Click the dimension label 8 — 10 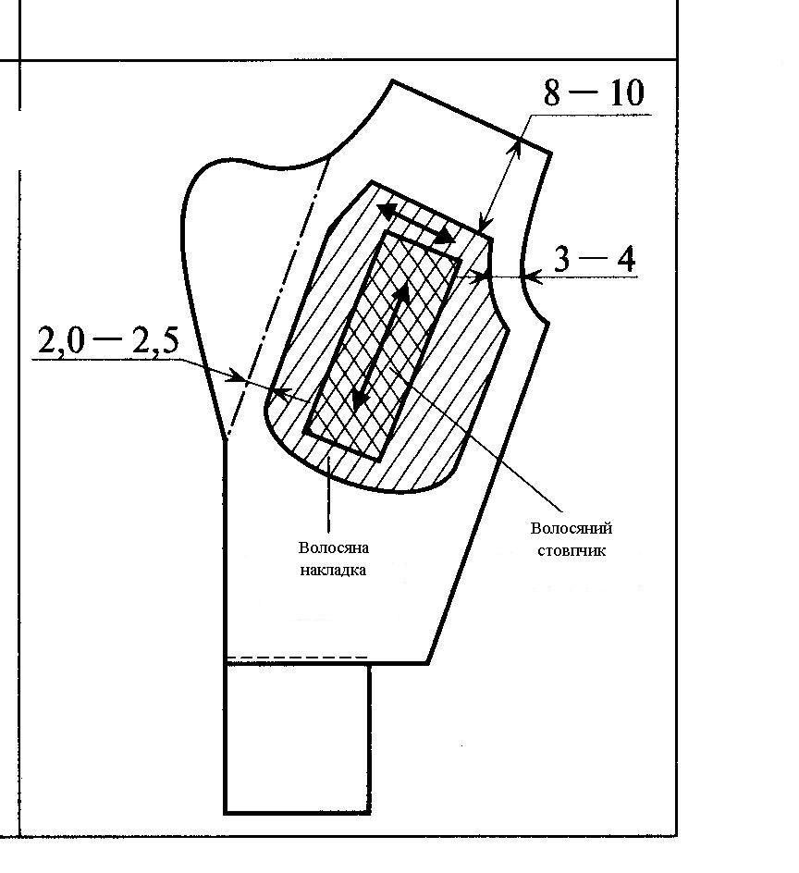(x=593, y=93)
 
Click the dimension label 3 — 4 (x=595, y=260)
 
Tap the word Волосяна (x=334, y=548)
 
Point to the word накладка (x=333, y=570)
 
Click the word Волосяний (x=572, y=529)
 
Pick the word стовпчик (x=572, y=551)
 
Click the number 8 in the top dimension (x=552, y=93)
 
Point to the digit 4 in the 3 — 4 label (x=625, y=260)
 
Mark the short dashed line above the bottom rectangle (x=297, y=658)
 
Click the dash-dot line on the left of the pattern (x=278, y=296)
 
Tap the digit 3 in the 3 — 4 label (x=563, y=260)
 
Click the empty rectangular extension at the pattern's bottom (x=297, y=738)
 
